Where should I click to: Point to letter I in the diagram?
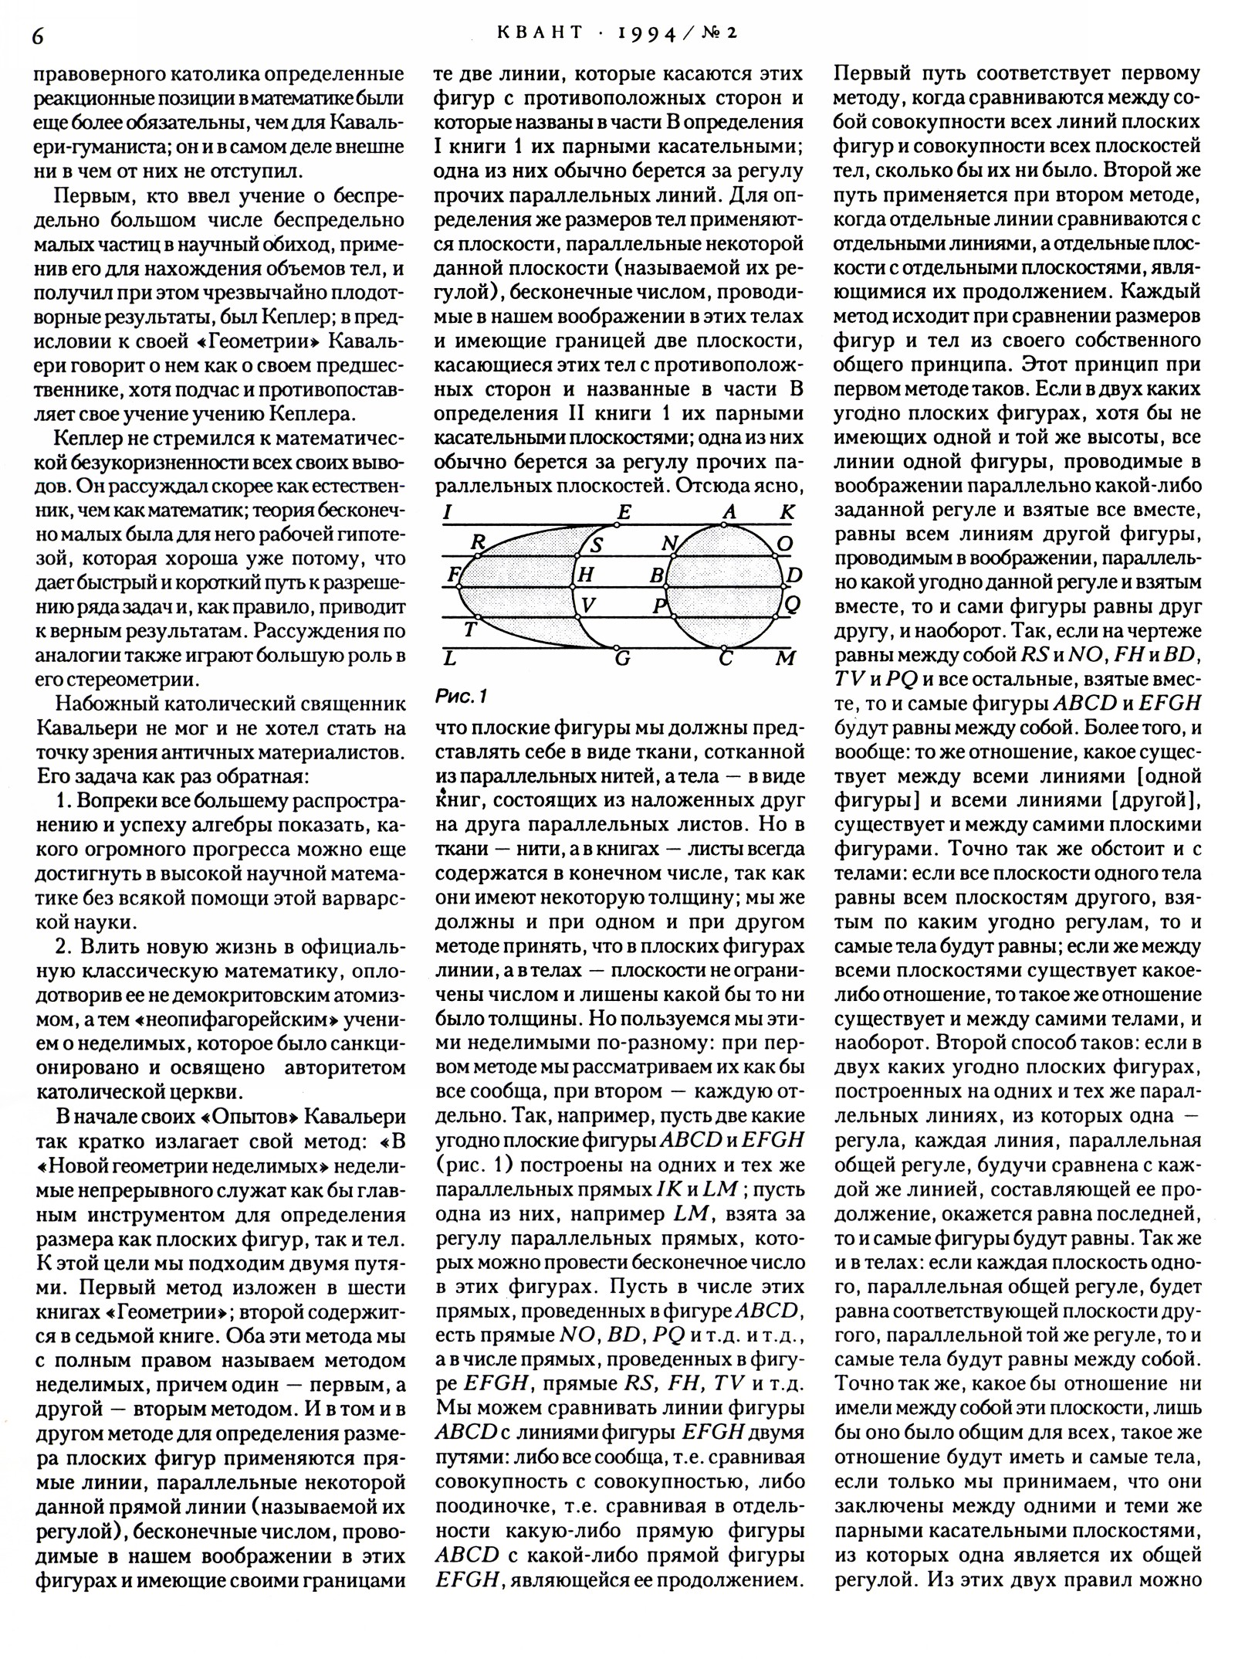coord(448,512)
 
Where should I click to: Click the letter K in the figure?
coord(787,512)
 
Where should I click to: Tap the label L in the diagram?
coord(450,659)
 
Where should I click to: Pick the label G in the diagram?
coord(622,659)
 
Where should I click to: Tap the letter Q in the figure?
coord(792,606)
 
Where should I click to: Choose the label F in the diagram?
coord(453,575)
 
